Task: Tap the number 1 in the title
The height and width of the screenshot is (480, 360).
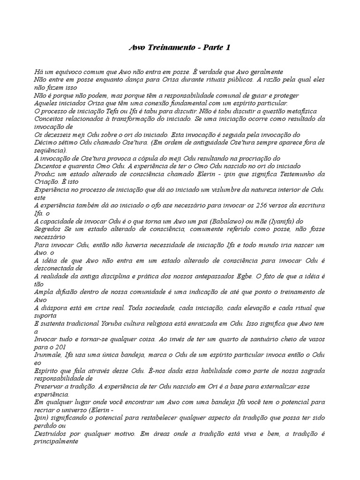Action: click(228, 48)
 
